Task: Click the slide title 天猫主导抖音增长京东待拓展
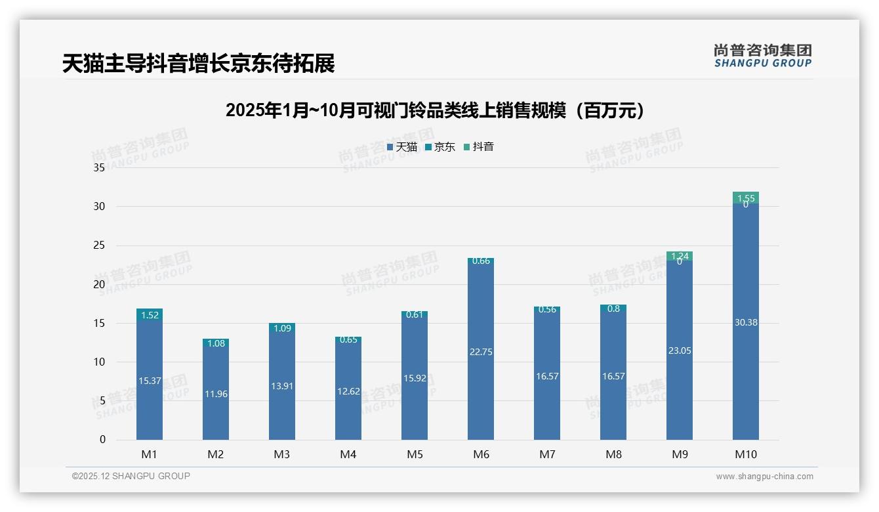pyautogui.click(x=198, y=64)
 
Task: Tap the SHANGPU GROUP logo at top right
pyautogui.click(x=762, y=56)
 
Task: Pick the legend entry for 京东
pyautogui.click(x=439, y=147)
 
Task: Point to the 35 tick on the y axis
pyautogui.click(x=99, y=168)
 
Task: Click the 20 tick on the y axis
pyautogui.click(x=99, y=284)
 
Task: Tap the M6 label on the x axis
pyautogui.click(x=481, y=454)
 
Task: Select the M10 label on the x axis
pyautogui.click(x=745, y=454)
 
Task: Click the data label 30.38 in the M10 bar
pyautogui.click(x=745, y=322)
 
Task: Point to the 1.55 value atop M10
pyautogui.click(x=745, y=198)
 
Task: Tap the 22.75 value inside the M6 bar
pyautogui.click(x=481, y=352)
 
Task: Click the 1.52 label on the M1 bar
pyautogui.click(x=150, y=315)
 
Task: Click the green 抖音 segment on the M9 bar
pyautogui.click(x=680, y=256)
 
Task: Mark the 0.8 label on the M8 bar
pyautogui.click(x=613, y=309)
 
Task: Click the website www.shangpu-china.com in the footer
pyautogui.click(x=764, y=477)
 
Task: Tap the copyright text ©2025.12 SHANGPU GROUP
pyautogui.click(x=131, y=476)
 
